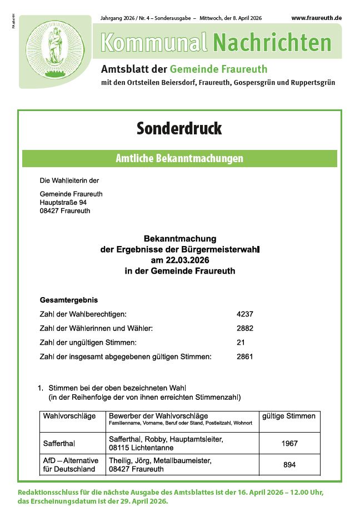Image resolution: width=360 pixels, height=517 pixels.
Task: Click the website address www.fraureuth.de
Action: (316, 18)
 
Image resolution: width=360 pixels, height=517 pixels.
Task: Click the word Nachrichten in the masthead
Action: (272, 42)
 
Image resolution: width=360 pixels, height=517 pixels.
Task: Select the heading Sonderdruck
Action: (179, 128)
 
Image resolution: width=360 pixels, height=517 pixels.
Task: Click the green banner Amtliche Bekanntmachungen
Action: (179, 158)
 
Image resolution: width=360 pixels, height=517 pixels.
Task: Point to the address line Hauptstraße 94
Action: (63, 203)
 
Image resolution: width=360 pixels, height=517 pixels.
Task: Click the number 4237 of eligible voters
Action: (244, 314)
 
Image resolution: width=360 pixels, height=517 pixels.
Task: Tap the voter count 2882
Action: (244, 328)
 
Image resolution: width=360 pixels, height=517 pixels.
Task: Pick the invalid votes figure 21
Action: (241, 342)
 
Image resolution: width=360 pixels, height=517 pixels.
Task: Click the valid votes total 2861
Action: (244, 357)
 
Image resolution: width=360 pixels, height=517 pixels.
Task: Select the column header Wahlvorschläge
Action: (69, 416)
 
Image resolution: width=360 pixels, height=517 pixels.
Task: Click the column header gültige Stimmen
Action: (289, 416)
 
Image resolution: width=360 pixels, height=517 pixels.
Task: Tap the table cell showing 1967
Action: (289, 443)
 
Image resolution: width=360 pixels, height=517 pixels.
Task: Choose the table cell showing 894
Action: (289, 465)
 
